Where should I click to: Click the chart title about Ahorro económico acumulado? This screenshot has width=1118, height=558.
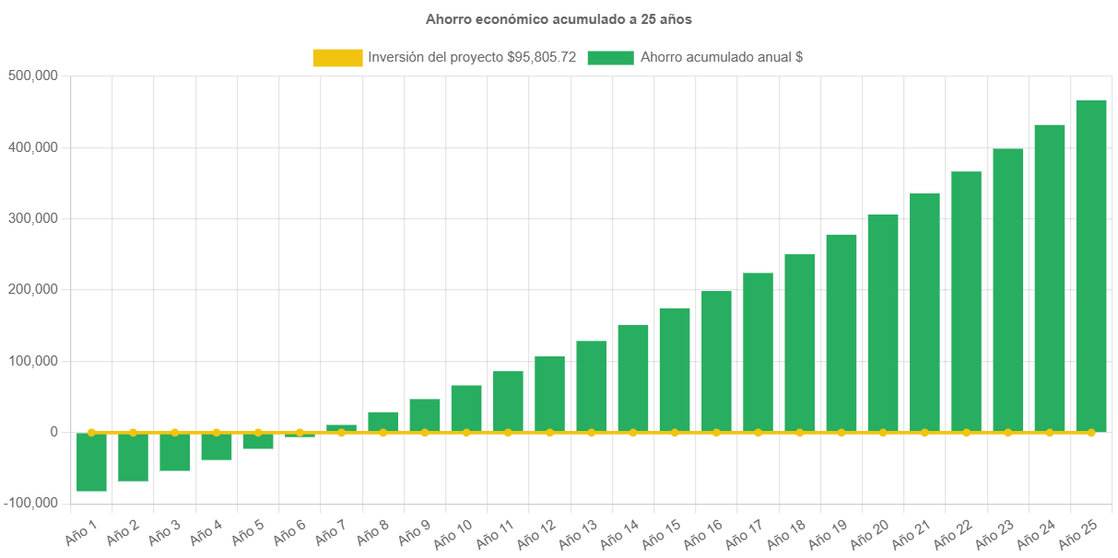(x=559, y=18)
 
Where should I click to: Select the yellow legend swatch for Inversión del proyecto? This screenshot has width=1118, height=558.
(x=337, y=57)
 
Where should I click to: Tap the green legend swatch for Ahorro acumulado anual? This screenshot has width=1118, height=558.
(x=610, y=57)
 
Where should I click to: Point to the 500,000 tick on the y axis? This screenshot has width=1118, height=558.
(x=33, y=76)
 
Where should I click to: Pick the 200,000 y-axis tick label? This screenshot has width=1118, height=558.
(x=33, y=289)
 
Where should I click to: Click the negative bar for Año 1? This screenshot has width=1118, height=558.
(x=91, y=461)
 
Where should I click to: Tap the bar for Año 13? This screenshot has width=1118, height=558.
(x=592, y=386)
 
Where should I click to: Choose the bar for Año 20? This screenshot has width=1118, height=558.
(x=883, y=322)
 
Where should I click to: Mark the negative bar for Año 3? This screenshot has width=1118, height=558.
(x=174, y=451)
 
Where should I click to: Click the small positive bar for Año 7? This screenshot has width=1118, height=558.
(x=341, y=428)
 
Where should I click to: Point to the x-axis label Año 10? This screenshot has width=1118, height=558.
(x=453, y=532)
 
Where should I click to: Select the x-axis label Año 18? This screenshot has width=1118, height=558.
(x=787, y=532)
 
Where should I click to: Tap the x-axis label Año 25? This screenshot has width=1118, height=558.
(x=1078, y=532)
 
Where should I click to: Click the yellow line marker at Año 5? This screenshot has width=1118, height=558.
(x=258, y=432)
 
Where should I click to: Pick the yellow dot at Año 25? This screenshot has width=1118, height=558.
(x=1091, y=432)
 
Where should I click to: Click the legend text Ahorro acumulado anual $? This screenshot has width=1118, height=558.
(x=721, y=57)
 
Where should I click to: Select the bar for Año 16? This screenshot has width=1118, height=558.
(x=716, y=361)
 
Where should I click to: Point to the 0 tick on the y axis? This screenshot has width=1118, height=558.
(x=54, y=432)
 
